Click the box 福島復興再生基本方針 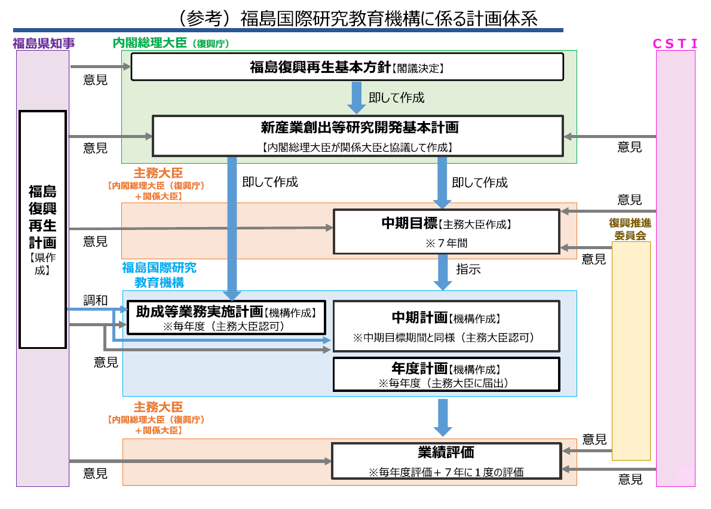click(347, 67)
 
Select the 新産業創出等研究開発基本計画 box click(358, 136)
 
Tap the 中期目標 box click(446, 231)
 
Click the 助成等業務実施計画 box click(226, 317)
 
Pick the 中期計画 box click(446, 326)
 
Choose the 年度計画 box click(446, 375)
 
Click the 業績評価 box click(446, 461)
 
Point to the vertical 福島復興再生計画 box click(42, 229)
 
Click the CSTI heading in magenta click(675, 43)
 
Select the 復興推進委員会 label click(630, 229)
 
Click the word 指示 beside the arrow click(468, 269)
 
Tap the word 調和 click(96, 301)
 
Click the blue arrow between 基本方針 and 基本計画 click(357, 97)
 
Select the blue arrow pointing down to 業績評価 click(443, 417)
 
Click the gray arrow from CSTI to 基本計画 click(609, 137)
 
